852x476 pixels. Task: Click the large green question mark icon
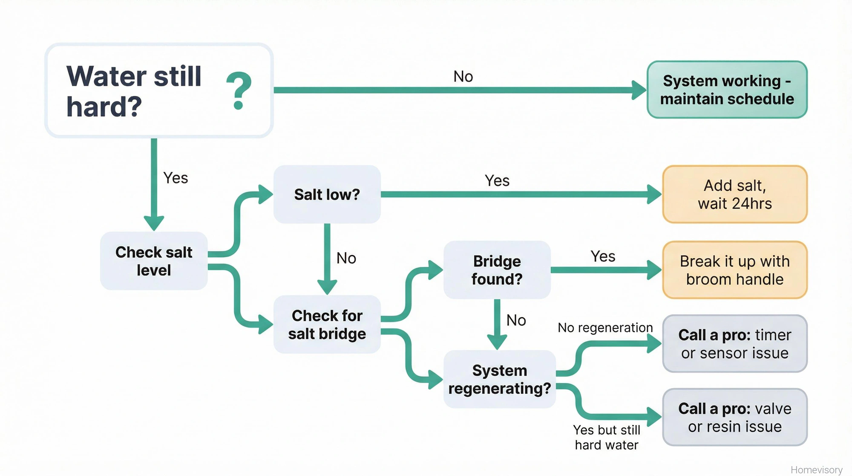coord(239,90)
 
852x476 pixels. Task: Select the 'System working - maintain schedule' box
coord(727,90)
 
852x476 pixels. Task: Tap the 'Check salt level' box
coord(154,261)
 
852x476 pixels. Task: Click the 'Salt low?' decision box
coord(327,194)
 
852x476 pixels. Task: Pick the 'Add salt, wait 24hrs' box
coord(734,194)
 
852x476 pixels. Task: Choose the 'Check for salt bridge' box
coord(327,324)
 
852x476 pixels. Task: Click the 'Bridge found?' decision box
coord(497,270)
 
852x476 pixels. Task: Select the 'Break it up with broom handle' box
coord(734,270)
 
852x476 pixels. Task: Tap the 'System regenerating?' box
coord(499,379)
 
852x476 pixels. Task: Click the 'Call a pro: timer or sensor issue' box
coord(734,344)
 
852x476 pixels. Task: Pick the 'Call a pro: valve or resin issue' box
coord(734,417)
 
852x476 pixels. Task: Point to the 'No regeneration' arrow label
coord(605,328)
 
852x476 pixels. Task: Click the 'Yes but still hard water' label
coord(606,437)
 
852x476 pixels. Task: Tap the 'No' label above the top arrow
coord(463,77)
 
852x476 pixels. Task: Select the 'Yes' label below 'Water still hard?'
coord(176,178)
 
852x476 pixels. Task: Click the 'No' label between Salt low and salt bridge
coord(346,258)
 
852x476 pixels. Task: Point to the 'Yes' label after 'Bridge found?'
coord(603,256)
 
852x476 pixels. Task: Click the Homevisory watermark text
coord(816,470)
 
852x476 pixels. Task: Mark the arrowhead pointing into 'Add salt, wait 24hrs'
coord(654,194)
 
